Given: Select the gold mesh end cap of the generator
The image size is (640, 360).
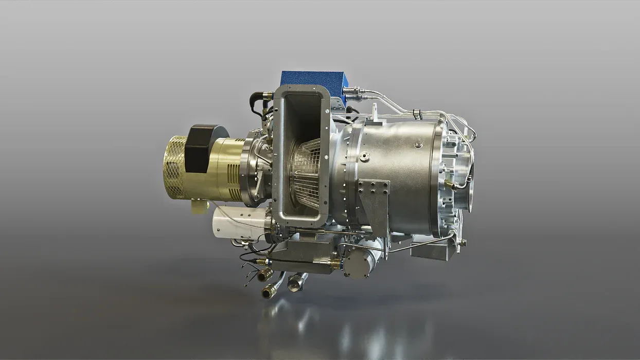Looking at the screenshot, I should click(x=174, y=167).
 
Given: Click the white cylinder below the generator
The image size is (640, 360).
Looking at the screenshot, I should click(x=240, y=223).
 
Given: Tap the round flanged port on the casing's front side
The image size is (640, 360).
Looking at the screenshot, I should click(x=364, y=156).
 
